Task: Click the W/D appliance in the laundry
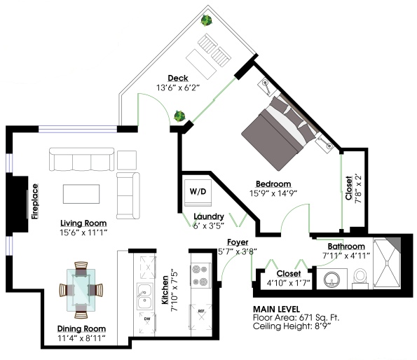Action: (198, 193)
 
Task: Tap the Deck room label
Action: (178, 78)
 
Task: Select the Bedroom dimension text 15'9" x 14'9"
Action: (273, 193)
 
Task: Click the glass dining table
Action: (81, 290)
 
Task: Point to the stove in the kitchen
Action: (200, 275)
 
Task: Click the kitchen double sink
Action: (145, 296)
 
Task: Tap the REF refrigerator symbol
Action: (201, 317)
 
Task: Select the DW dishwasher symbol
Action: (147, 323)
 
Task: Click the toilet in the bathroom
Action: (360, 279)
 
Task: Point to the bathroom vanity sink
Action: (331, 279)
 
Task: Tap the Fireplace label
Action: (35, 202)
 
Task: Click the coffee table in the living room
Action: (81, 194)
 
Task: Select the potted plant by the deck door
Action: (179, 116)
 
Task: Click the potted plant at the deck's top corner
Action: (206, 20)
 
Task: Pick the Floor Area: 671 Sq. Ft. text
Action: (296, 317)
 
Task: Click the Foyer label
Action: (238, 242)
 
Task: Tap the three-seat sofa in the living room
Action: (81, 160)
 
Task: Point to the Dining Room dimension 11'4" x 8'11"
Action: (81, 338)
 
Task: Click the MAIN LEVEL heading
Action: (276, 310)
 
